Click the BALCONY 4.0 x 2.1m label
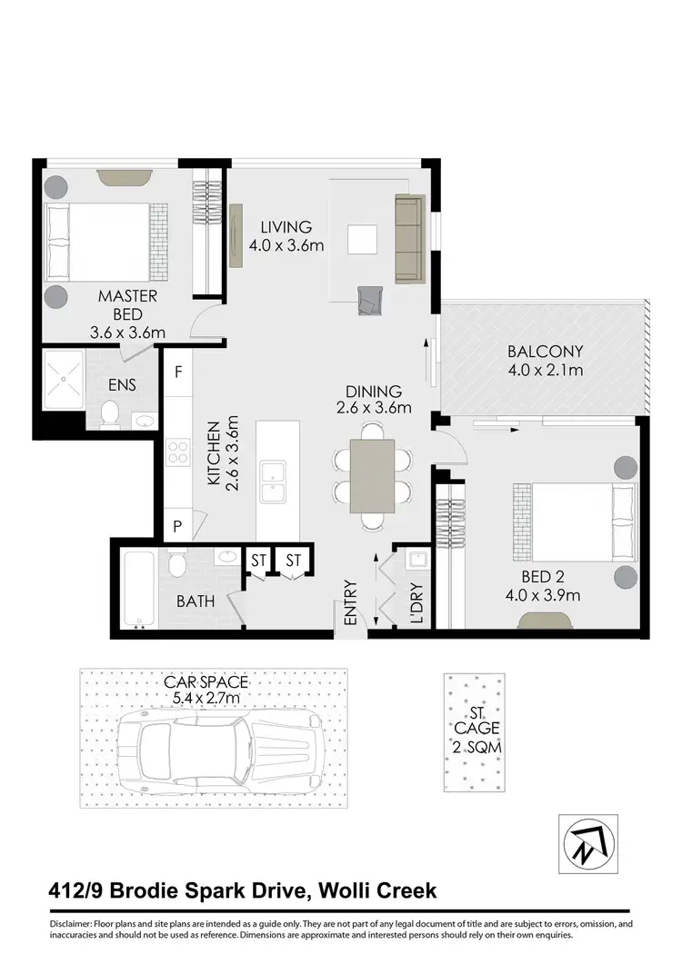pyautogui.click(x=545, y=360)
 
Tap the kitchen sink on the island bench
pyautogui.click(x=273, y=481)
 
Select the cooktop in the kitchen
pyautogui.click(x=177, y=452)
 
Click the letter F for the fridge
pyautogui.click(x=178, y=372)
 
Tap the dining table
pyautogui.click(x=373, y=477)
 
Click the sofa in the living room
pyautogui.click(x=409, y=239)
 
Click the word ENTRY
pyautogui.click(x=351, y=602)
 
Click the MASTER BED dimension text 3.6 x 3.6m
pyautogui.click(x=128, y=333)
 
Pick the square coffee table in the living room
pyautogui.click(x=362, y=239)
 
